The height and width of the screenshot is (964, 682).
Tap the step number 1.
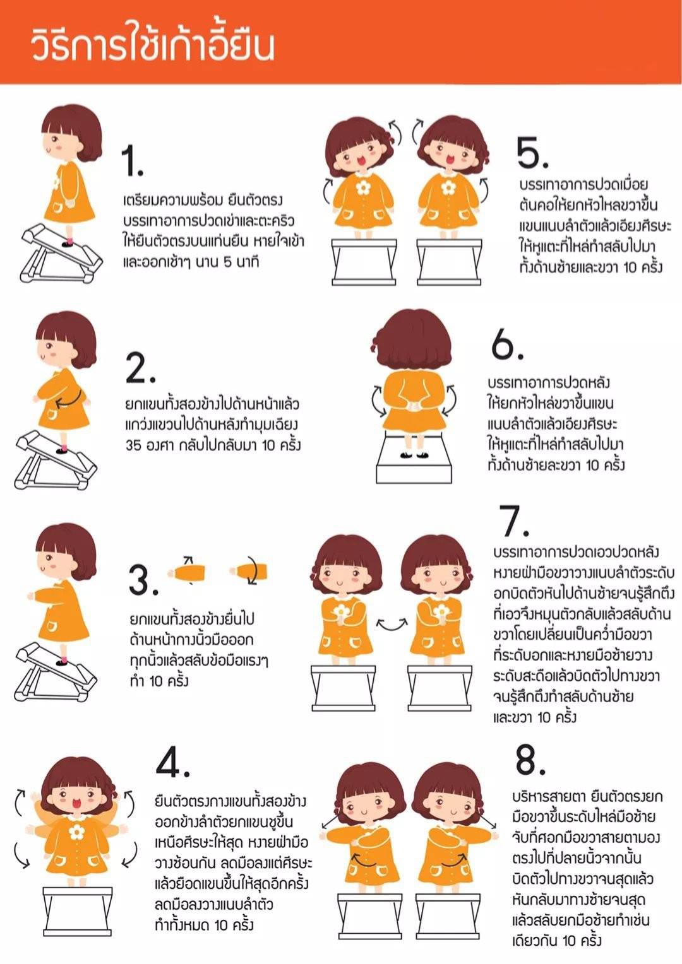(133, 160)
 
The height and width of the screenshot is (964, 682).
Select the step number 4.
(172, 765)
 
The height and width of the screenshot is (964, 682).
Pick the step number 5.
(532, 152)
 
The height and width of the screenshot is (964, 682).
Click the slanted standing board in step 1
(61, 253)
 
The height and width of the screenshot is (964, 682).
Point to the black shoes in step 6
(414, 454)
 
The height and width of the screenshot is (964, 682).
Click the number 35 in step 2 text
(133, 445)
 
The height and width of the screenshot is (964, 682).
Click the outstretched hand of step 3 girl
(30, 596)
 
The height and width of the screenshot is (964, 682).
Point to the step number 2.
(140, 368)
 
